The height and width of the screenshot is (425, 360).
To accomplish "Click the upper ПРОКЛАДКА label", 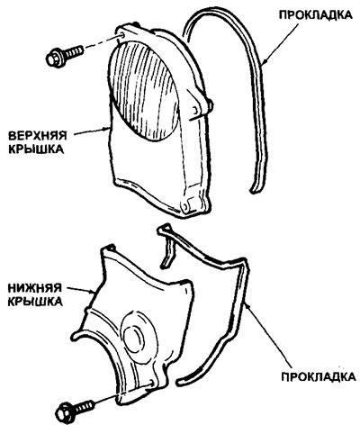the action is pyautogui.click(x=315, y=15).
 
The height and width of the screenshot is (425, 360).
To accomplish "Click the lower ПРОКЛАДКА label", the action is pyautogui.click(x=319, y=376).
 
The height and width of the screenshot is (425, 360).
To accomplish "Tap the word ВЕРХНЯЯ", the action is pyautogui.click(x=37, y=135).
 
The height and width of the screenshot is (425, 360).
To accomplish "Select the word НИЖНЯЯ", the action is pyautogui.click(x=35, y=288).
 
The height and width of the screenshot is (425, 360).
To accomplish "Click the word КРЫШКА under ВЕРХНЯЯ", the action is pyautogui.click(x=36, y=149).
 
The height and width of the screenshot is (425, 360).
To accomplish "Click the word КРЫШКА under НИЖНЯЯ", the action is pyautogui.click(x=35, y=302).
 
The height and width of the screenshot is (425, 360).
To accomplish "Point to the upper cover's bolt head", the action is pyautogui.click(x=53, y=59).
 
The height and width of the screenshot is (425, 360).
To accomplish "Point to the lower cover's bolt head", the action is pyautogui.click(x=64, y=413).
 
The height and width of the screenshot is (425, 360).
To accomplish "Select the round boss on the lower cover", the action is pyautogui.click(x=139, y=337).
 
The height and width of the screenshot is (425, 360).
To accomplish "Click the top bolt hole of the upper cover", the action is pyautogui.click(x=121, y=35).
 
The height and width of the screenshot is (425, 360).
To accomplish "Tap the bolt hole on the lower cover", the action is pyautogui.click(x=150, y=384).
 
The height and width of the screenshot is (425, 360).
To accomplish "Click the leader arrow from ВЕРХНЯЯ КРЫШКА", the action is pyautogui.click(x=92, y=131).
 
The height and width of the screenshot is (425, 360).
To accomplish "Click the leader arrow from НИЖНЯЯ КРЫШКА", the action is pyautogui.click(x=81, y=289).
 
